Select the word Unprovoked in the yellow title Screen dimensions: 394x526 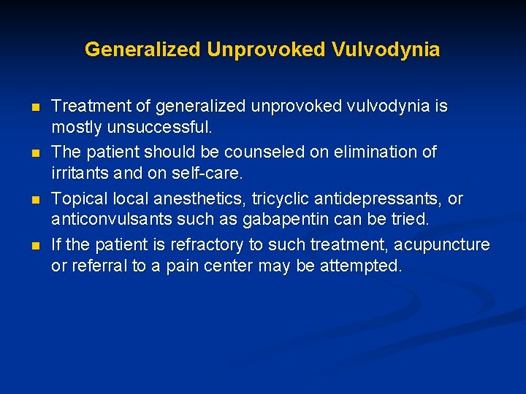267,50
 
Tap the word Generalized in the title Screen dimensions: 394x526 142,50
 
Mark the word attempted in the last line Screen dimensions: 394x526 362,266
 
